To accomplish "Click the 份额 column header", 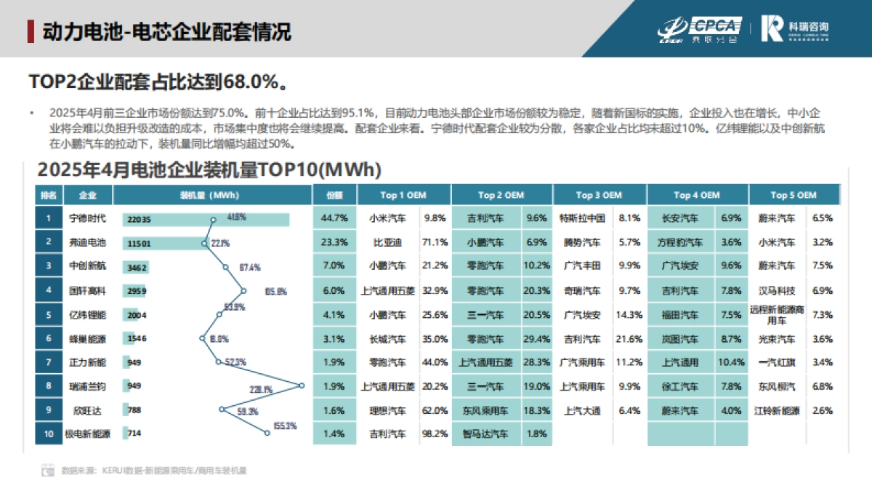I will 334,195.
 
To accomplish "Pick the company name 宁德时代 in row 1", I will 87,218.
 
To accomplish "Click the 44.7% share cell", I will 334,218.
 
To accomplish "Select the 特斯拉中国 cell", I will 582,218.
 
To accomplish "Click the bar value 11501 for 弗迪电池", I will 138,243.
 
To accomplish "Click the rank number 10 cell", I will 49,434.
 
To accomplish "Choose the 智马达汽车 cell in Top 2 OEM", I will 485,434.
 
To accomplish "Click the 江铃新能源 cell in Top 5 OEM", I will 777,410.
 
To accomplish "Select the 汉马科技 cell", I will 777,291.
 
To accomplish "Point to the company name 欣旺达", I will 87,410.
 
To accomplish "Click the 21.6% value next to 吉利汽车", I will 629,339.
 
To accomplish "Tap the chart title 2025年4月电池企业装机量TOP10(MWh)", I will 209,170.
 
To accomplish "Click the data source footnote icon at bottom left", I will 47,471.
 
